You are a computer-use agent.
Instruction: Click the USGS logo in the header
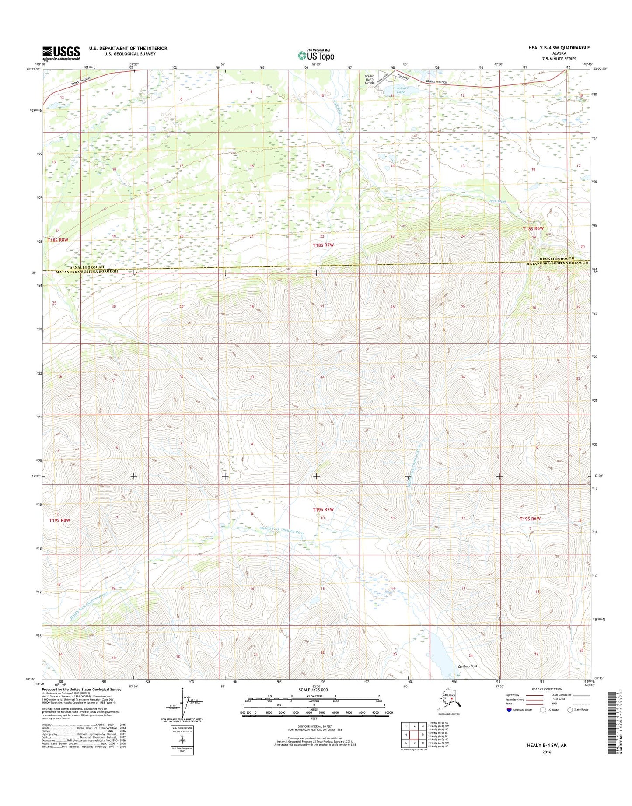61,53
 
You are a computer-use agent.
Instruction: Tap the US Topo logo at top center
316,55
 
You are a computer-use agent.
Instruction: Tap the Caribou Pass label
467,666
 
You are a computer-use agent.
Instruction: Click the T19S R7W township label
323,510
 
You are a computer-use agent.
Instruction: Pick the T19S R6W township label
530,519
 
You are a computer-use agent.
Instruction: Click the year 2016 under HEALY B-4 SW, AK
546,752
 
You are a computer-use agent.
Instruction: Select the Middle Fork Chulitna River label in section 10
281,531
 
